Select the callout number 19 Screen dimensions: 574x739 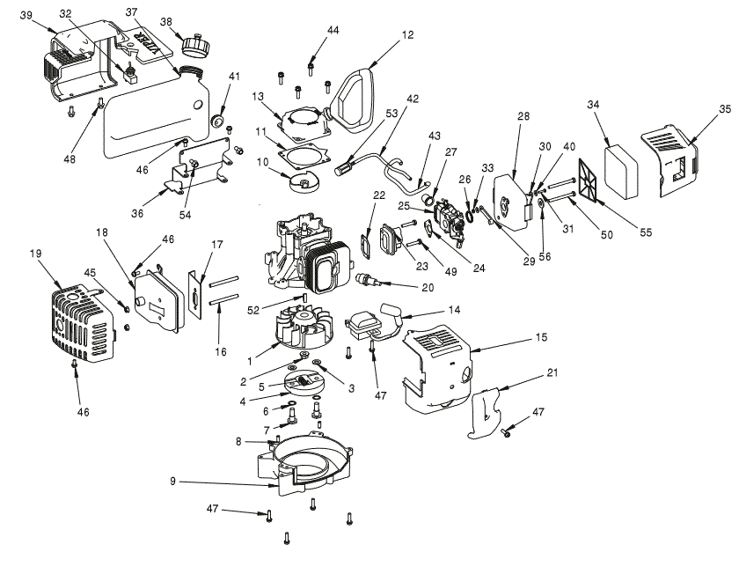(x=36, y=254)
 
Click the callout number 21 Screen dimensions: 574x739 (x=552, y=373)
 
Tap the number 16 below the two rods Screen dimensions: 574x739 (x=221, y=351)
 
